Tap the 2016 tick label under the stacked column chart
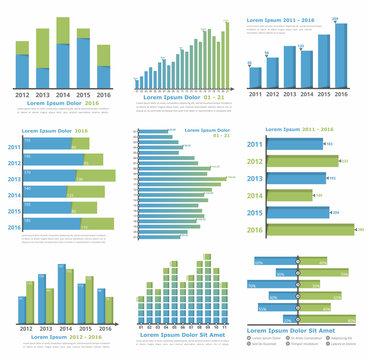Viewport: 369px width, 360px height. pos(105,95)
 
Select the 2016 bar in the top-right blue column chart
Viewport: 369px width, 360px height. pos(341,55)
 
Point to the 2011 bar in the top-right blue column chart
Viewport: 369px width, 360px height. pos(256,77)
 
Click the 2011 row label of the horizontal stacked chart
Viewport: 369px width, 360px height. pos(14,147)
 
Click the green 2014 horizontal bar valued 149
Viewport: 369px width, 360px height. pos(290,195)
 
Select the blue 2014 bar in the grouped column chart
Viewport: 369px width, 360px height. pos(62,295)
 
